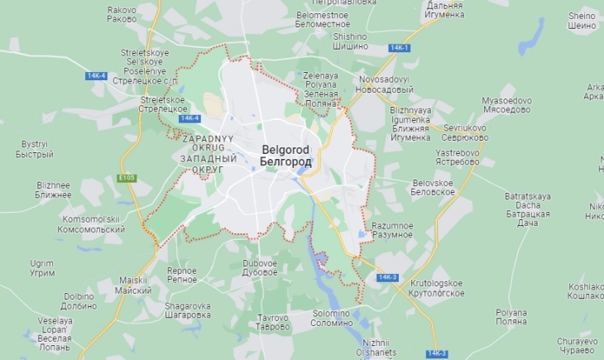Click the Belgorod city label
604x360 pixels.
click(x=285, y=156)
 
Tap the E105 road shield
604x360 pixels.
click(x=127, y=178)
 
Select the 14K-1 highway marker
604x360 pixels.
click(x=399, y=48)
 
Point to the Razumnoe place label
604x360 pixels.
click(x=392, y=230)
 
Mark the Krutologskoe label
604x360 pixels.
click(x=436, y=287)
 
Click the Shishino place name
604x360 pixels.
click(x=350, y=41)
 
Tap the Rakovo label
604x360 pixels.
click(x=122, y=14)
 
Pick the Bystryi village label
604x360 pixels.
click(x=35, y=149)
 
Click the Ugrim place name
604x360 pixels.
click(x=42, y=267)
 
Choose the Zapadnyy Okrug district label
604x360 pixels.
click(x=208, y=154)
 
